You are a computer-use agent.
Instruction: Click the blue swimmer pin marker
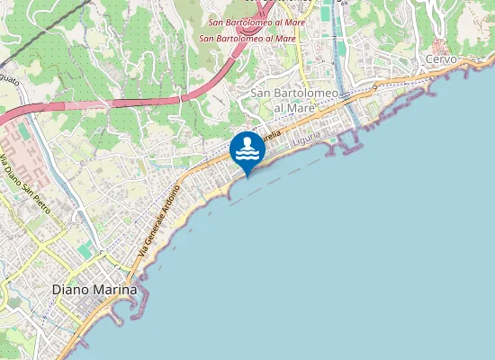[x=247, y=149]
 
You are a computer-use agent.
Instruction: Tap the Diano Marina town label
[x=94, y=291]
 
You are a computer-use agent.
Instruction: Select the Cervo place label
[x=441, y=59]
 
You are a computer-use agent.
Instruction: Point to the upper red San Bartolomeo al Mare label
[x=254, y=22]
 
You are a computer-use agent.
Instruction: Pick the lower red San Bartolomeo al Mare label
[x=247, y=39]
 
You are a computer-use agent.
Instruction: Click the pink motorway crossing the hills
[x=135, y=101]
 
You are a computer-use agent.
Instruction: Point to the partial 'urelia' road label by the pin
[x=273, y=136]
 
